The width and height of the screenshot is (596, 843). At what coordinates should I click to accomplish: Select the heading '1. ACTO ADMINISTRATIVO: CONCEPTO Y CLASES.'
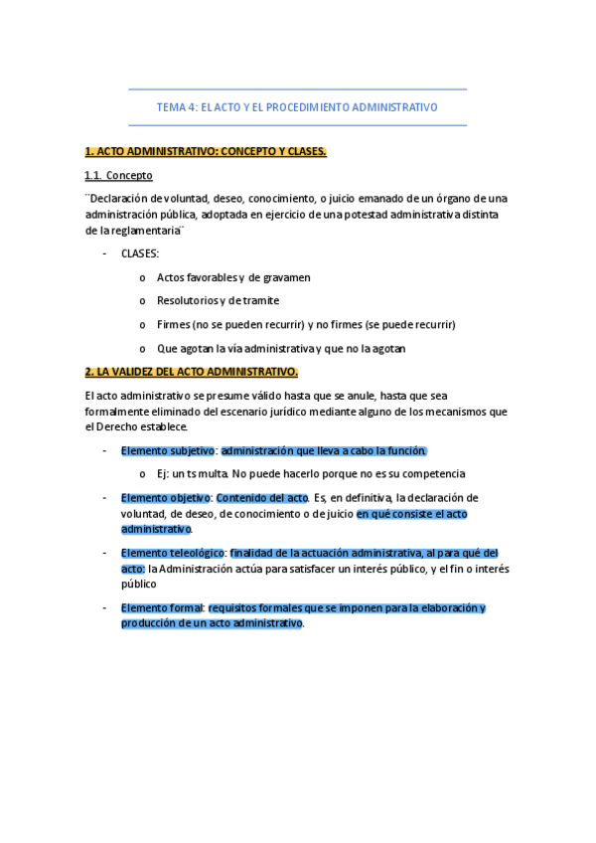(206, 151)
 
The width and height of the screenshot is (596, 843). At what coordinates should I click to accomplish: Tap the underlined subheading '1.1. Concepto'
(118, 175)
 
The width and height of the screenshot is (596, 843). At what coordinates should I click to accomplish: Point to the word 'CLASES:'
(140, 253)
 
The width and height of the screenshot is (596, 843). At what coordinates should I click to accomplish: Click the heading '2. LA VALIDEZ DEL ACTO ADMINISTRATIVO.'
(192, 372)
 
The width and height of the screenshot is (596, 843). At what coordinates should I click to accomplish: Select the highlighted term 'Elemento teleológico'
(173, 553)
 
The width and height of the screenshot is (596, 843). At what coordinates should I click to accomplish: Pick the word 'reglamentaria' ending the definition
(147, 231)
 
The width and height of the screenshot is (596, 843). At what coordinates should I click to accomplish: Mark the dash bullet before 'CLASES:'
(106, 253)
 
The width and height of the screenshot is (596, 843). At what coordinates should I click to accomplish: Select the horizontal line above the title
(297, 89)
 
